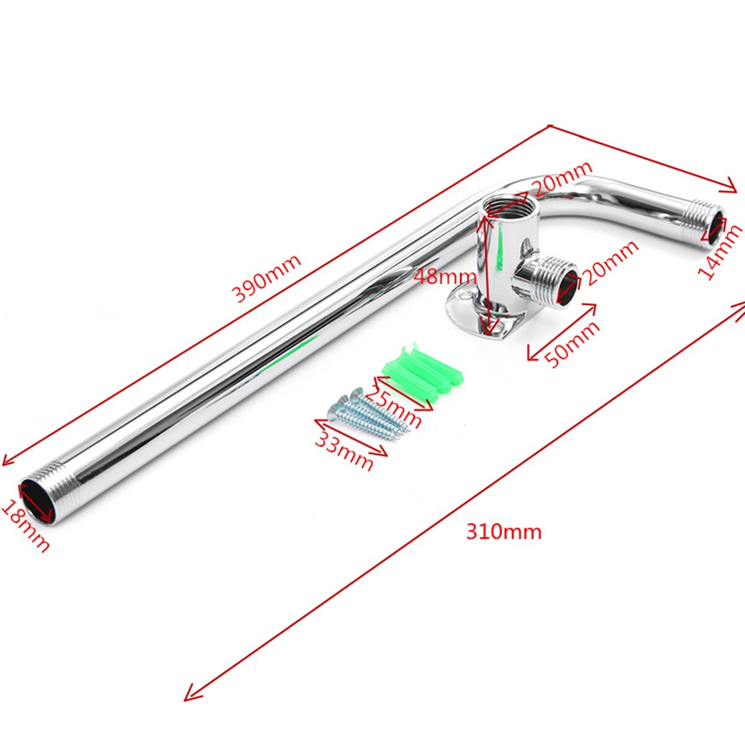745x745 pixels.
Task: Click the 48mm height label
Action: tap(445, 276)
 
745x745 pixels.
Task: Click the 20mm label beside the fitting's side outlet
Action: tap(611, 263)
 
